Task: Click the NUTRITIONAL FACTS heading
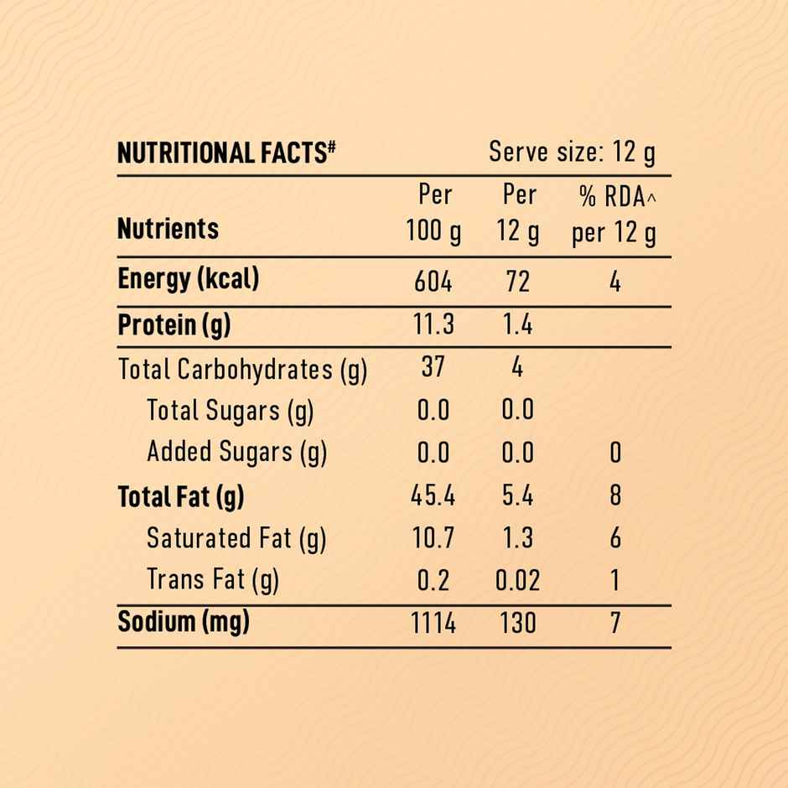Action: (226, 153)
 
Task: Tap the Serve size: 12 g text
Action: (572, 153)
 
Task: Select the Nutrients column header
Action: (168, 229)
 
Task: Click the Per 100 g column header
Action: (433, 214)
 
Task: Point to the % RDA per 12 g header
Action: (614, 215)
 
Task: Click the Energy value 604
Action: (433, 282)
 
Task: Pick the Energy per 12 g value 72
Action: (518, 282)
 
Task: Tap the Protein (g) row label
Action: (174, 325)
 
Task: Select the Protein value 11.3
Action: (433, 324)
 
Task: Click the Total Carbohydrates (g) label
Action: (243, 369)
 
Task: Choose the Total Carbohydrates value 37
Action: (433, 367)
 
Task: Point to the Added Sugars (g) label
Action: (236, 453)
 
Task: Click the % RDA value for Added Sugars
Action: (614, 454)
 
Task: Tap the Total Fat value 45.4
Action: (433, 496)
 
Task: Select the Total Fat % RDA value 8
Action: (614, 495)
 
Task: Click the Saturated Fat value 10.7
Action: (433, 538)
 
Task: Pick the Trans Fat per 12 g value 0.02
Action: (517, 580)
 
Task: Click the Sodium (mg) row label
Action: (184, 623)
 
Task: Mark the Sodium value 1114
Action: (433, 624)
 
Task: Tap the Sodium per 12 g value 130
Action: (517, 624)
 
